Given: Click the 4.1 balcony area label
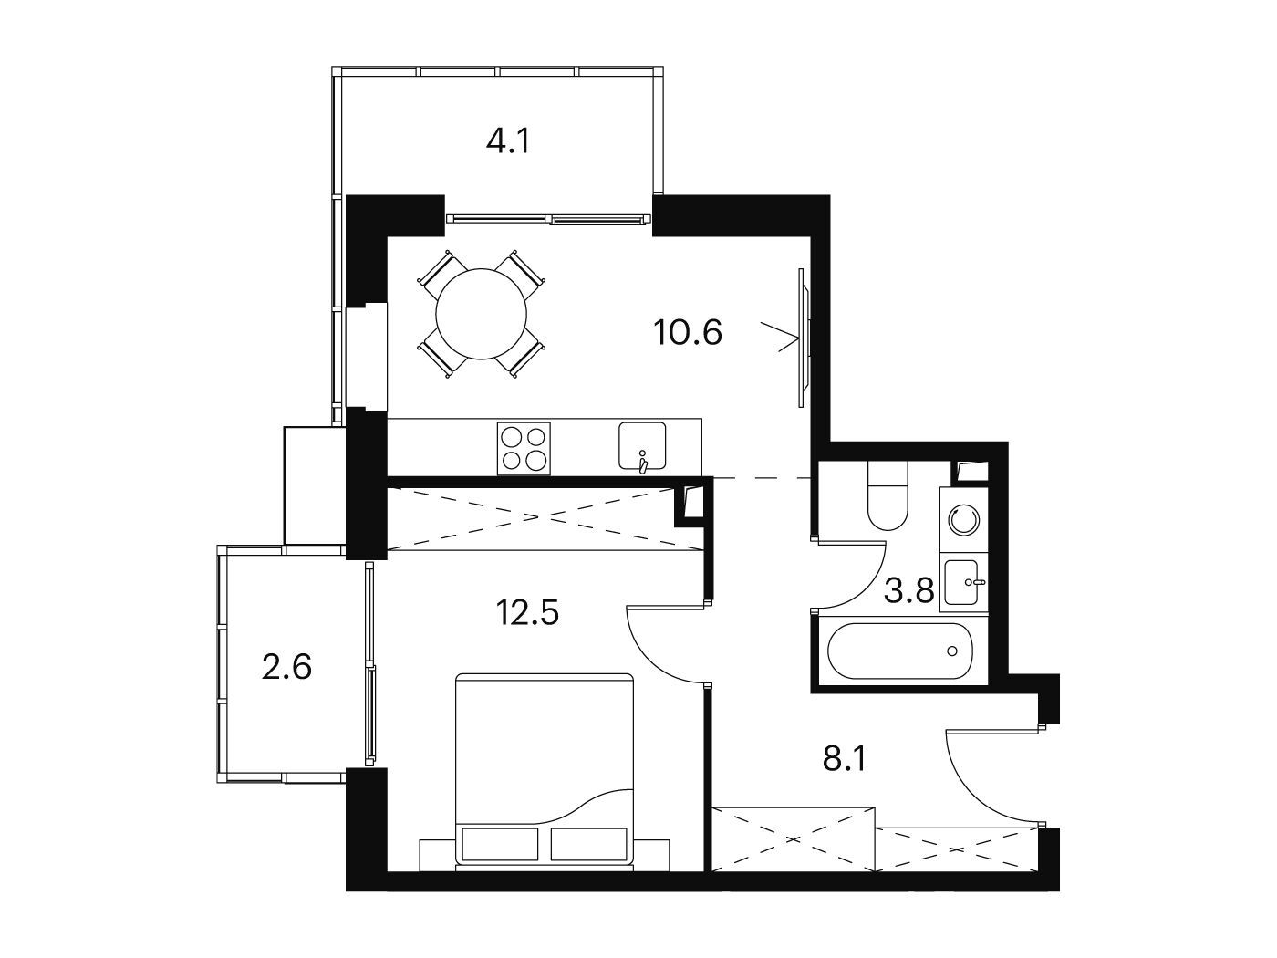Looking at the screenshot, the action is point(508,142).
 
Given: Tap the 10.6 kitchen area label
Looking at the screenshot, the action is point(688,333).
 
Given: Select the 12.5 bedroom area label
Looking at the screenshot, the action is point(527,612).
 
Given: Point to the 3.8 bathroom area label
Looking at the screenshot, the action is point(908,591).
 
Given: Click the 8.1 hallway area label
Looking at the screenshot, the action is point(845,760).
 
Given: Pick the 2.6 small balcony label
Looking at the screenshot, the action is point(286,667).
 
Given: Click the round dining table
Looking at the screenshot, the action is point(481,314).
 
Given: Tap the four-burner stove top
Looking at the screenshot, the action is point(524,449).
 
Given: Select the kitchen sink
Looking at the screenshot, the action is point(642,445).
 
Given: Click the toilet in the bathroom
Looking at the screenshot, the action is point(888,495).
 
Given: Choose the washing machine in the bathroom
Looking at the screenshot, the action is point(963,519).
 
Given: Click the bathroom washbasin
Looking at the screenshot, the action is point(963,582).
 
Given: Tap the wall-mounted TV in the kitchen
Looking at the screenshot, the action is point(804,338).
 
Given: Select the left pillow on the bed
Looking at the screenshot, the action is point(499,844).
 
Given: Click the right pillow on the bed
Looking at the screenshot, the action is point(588,844).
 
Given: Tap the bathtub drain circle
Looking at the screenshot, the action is point(952,651).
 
